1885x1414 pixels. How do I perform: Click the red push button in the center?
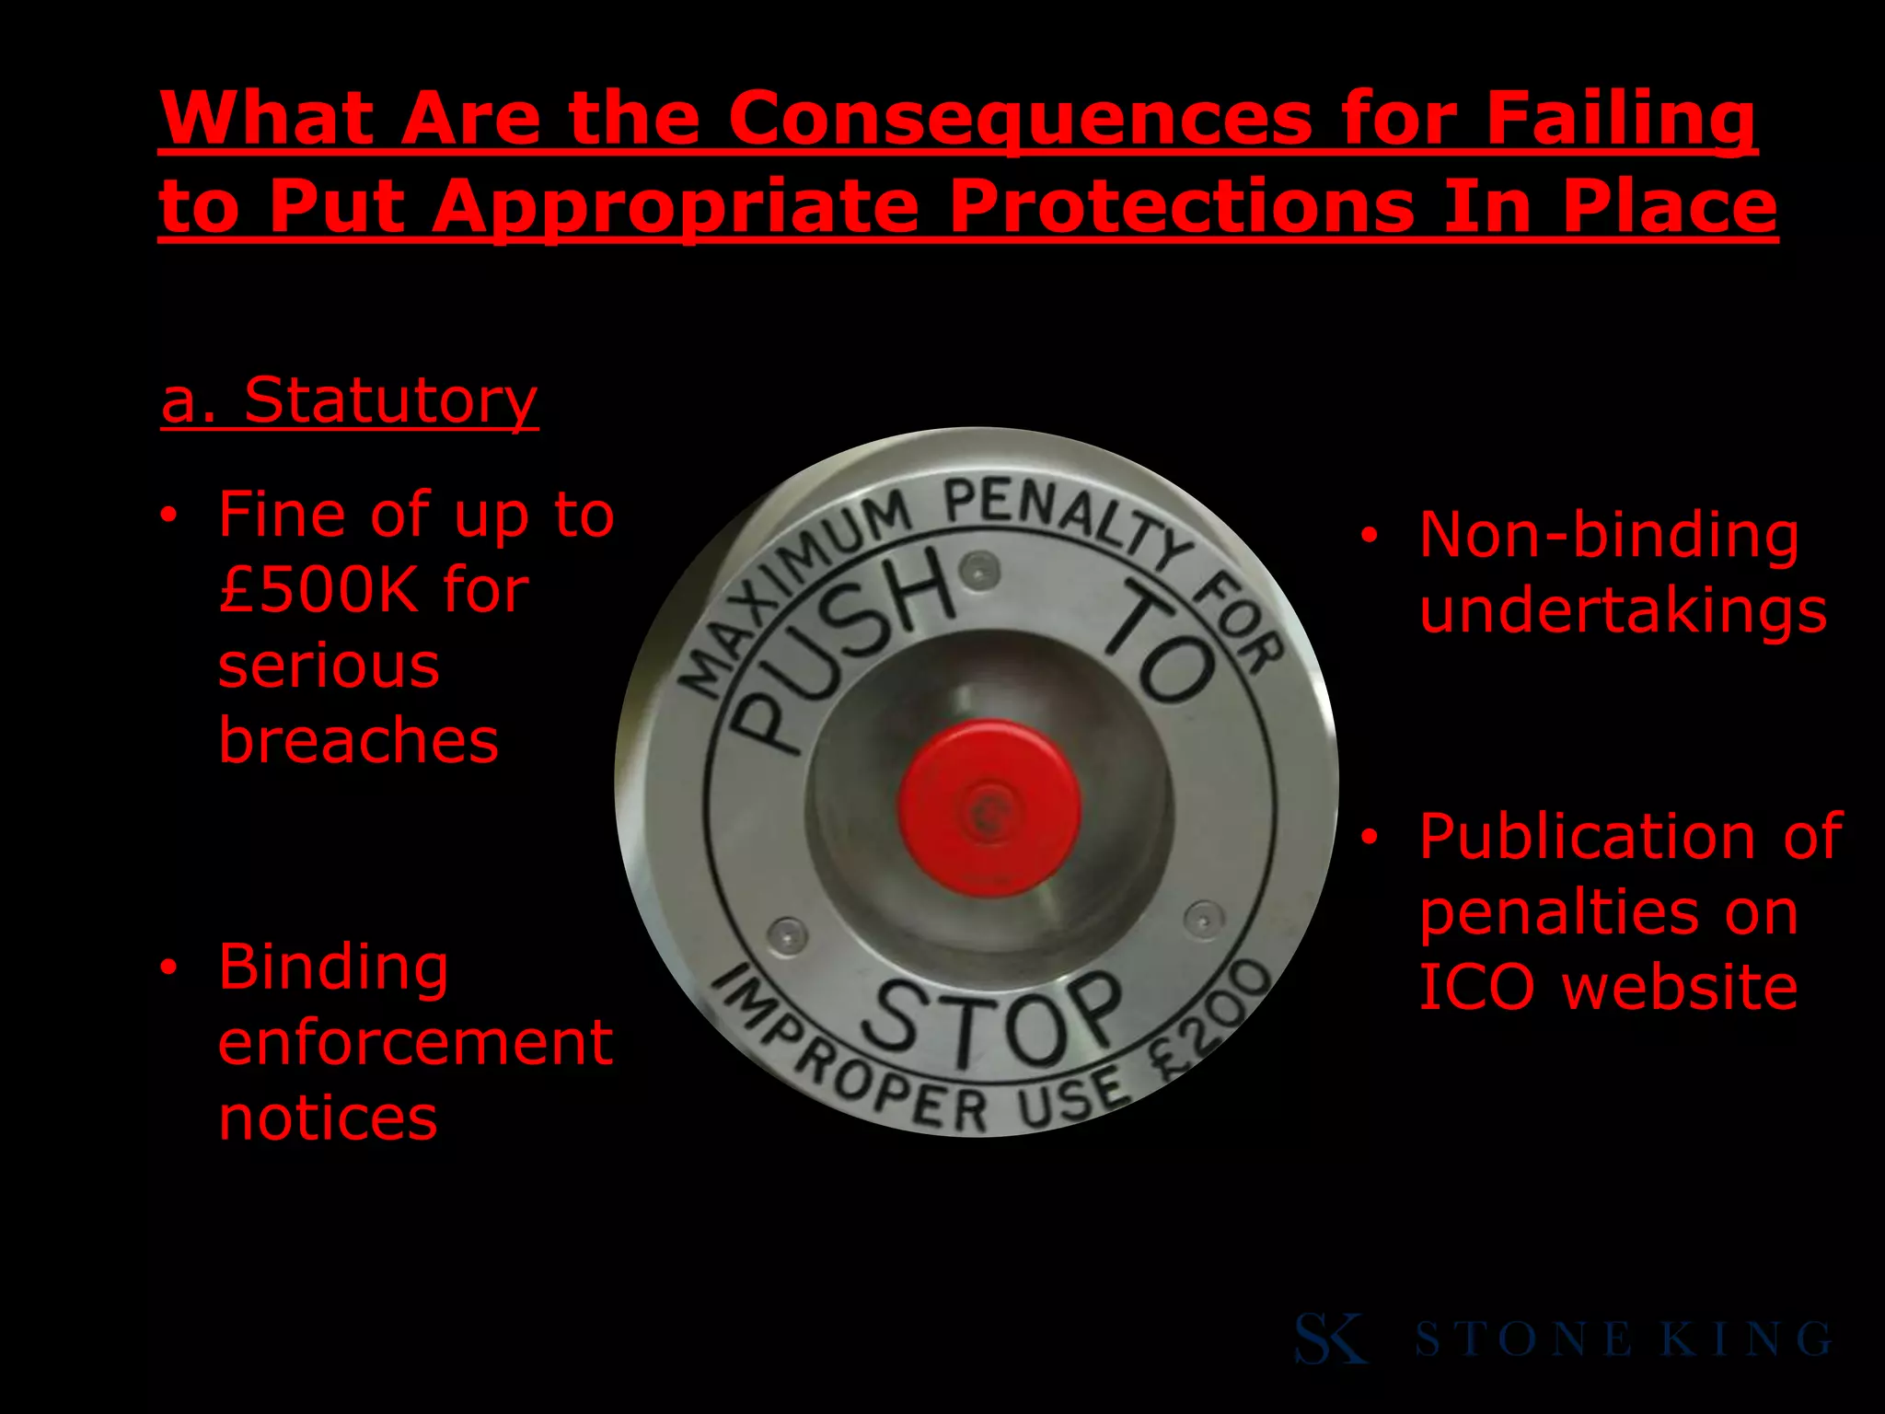pyautogui.click(x=989, y=808)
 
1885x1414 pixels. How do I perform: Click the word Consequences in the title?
pyautogui.click(x=1020, y=120)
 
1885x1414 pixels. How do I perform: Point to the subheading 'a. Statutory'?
pyautogui.click(x=349, y=401)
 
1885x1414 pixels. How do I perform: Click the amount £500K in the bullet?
pyautogui.click(x=318, y=590)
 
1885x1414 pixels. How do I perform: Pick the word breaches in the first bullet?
pyautogui.click(x=358, y=740)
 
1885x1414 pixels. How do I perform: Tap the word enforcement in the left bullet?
pyautogui.click(x=415, y=1042)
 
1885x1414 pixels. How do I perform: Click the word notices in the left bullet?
pyautogui.click(x=328, y=1118)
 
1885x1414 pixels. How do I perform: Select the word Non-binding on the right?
pyautogui.click(x=1608, y=536)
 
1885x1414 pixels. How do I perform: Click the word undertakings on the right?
pyautogui.click(x=1623, y=611)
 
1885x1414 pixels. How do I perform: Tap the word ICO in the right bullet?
pyautogui.click(x=1476, y=988)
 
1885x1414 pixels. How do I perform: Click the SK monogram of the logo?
pyautogui.click(x=1330, y=1339)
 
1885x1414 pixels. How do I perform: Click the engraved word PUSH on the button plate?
pyautogui.click(x=847, y=644)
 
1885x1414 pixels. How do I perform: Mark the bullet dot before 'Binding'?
pyautogui.click(x=168, y=968)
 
